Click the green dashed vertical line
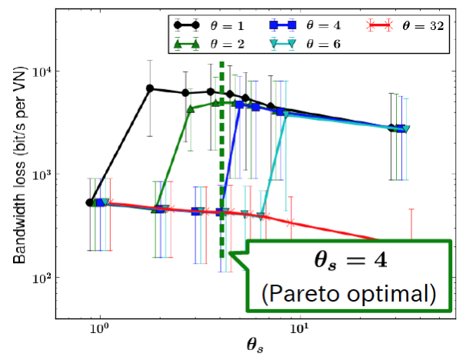tap(222, 154)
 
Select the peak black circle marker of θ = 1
tap(150, 88)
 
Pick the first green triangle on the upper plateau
tap(191, 109)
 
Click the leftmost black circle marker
tap(90, 203)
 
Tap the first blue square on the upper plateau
tap(240, 104)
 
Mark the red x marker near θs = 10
tap(291, 223)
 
